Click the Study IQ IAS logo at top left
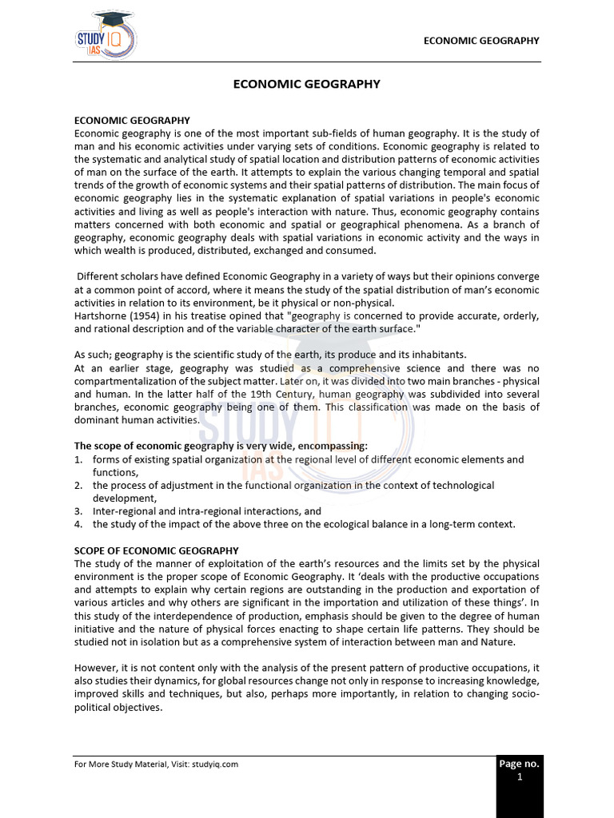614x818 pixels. click(105, 36)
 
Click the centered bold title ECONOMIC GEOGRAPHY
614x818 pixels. click(307, 84)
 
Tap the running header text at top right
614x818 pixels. click(481, 41)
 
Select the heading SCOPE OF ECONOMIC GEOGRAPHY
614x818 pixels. click(157, 550)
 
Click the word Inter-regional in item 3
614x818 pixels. click(125, 511)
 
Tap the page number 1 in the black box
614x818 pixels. click(520, 776)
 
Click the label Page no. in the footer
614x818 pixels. click(520, 764)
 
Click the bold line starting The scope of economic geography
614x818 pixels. click(221, 446)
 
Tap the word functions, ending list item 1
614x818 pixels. click(115, 472)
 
